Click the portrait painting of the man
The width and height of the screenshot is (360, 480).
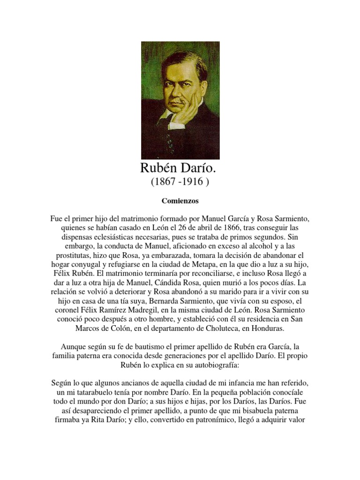180,100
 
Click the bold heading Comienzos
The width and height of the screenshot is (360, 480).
180,201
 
